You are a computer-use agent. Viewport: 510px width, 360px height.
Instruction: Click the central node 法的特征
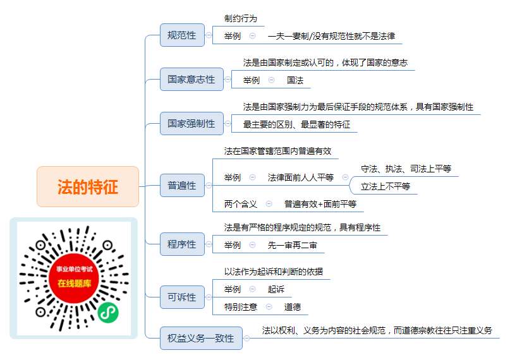[88, 186]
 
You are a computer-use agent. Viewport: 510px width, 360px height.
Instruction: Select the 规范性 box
[182, 35]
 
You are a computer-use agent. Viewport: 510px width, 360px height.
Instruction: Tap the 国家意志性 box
[191, 80]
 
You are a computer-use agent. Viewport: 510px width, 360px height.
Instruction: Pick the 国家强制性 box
[191, 123]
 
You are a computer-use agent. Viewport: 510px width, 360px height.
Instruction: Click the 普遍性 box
[182, 186]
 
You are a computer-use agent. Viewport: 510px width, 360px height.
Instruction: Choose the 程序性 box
[182, 244]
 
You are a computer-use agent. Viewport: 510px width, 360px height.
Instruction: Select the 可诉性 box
[182, 297]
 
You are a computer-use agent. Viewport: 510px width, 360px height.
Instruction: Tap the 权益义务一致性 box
[201, 339]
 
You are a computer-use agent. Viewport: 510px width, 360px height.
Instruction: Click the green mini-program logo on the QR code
[108, 313]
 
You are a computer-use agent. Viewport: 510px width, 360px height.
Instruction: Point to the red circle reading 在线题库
[74, 278]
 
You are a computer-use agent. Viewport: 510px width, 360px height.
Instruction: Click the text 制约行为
[241, 18]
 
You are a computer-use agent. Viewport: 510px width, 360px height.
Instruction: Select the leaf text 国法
[295, 80]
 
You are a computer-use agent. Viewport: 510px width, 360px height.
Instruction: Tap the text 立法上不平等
[386, 186]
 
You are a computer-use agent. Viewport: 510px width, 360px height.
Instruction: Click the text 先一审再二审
[292, 245]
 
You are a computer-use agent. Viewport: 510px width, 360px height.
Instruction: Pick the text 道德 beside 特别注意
[293, 307]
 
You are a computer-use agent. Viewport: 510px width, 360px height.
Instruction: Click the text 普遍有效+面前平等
[320, 204]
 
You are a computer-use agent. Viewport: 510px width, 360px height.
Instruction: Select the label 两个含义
[241, 204]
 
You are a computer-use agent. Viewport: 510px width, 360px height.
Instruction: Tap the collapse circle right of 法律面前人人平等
[346, 177]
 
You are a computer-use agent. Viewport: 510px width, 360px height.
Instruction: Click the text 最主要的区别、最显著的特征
[296, 124]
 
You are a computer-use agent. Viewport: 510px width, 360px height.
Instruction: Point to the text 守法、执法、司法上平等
[406, 169]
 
